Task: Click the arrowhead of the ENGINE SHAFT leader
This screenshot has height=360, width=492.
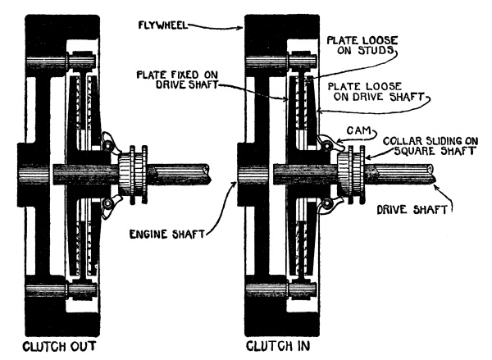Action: (235, 184)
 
